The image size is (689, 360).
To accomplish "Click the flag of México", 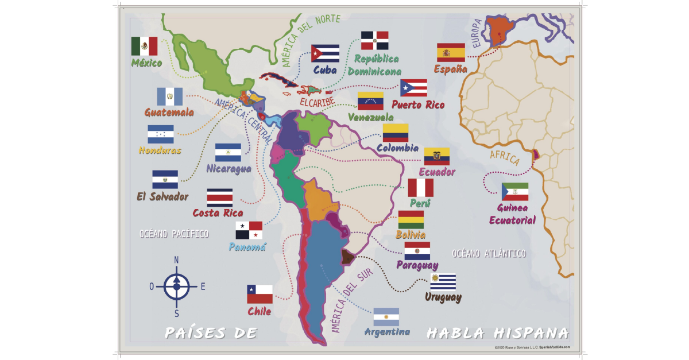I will click(144, 46).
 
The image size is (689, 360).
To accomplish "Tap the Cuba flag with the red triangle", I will click(325, 53).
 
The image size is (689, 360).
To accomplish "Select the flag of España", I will click(451, 52).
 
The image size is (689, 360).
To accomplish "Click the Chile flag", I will click(260, 294).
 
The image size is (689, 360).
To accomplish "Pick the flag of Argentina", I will click(386, 317).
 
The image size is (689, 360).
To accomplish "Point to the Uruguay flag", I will click(443, 282).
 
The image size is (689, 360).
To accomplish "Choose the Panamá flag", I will click(249, 230).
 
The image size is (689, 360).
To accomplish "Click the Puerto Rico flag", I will click(413, 88).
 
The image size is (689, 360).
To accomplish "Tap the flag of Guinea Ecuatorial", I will click(514, 192).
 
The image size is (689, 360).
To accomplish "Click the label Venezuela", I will click(371, 117).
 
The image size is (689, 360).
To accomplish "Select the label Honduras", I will click(160, 150).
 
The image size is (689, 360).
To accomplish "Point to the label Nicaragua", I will click(229, 169).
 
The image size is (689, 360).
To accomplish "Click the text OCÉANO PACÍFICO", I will click(174, 234).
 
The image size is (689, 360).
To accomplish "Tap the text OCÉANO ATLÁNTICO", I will click(489, 253).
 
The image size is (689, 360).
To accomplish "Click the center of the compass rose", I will click(176, 285).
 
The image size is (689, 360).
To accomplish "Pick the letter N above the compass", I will click(176, 260).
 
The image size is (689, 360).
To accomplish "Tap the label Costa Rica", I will click(218, 213).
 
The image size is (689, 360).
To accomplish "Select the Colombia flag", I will click(396, 133).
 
